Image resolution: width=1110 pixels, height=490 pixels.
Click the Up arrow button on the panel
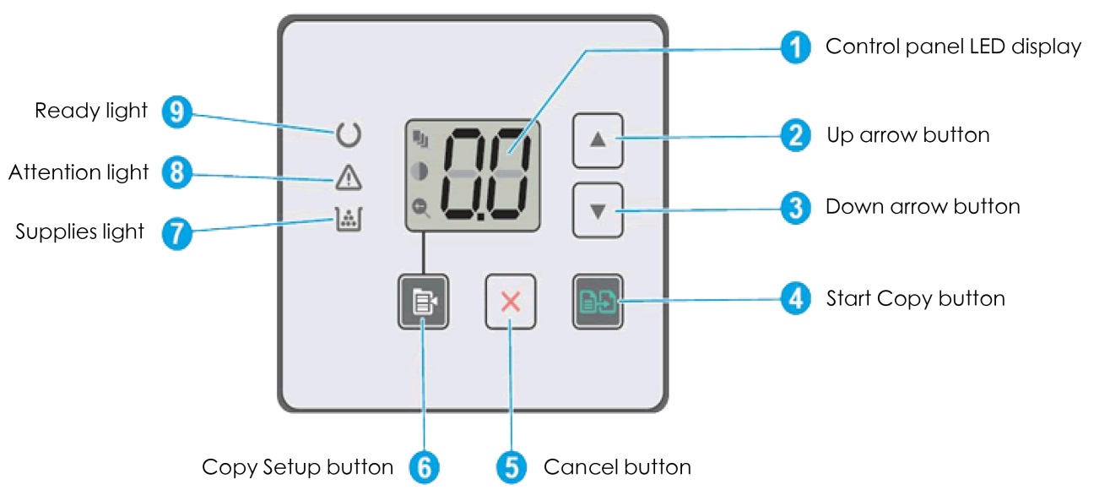pyautogui.click(x=598, y=139)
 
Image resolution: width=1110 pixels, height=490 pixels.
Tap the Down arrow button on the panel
pyautogui.click(x=598, y=210)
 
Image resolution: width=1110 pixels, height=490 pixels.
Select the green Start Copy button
pyautogui.click(x=597, y=301)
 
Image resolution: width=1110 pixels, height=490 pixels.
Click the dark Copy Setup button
pyautogui.click(x=423, y=301)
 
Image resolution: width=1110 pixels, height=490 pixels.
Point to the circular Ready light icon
pyautogui.click(x=348, y=133)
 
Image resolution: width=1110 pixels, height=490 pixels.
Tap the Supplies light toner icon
pyautogui.click(x=348, y=221)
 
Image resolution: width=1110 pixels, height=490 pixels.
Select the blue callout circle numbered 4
pyautogui.click(x=793, y=299)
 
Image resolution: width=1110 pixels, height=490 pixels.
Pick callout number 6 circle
pyautogui.click(x=424, y=467)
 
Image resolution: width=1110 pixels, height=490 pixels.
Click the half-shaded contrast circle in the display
pyautogui.click(x=420, y=171)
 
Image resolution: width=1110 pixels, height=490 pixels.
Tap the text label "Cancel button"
pyautogui.click(x=617, y=467)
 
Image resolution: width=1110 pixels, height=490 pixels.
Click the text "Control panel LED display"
pyautogui.click(x=953, y=46)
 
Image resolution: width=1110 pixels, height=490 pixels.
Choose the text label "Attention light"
pyautogui.click(x=79, y=173)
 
